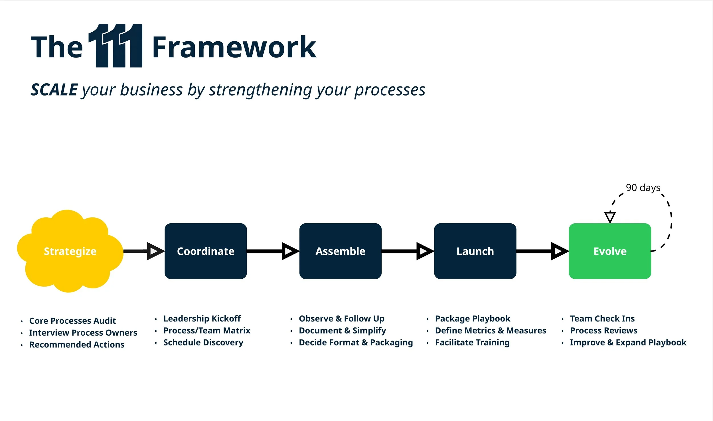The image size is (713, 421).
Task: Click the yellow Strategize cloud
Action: [x=70, y=251]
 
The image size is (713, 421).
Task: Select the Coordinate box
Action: [x=206, y=251]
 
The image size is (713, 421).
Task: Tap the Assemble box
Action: [x=340, y=251]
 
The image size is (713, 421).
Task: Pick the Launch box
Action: [x=475, y=251]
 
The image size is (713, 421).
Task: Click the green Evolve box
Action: [x=610, y=251]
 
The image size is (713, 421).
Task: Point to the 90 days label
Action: [x=643, y=188]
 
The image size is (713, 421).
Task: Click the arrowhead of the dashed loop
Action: [x=610, y=217]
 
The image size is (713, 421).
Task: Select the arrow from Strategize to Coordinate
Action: [x=144, y=251]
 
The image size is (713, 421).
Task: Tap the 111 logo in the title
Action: [x=116, y=46]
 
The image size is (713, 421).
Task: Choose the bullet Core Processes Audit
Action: [x=72, y=321]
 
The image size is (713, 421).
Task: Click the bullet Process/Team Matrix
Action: [x=207, y=331]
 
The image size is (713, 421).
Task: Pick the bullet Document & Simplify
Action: [x=342, y=331]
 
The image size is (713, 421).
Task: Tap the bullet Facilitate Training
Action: [x=472, y=343]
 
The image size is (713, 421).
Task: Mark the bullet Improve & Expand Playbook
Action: [x=628, y=343]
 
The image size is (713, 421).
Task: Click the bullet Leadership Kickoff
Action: [x=202, y=319]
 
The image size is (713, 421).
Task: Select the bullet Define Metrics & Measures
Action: [x=491, y=331]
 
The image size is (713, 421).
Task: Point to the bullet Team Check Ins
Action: [x=602, y=319]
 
